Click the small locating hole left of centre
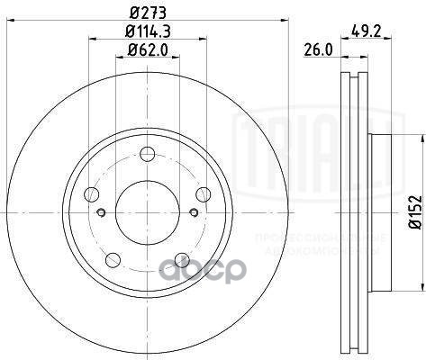pyautogui.click(x=102, y=212)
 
